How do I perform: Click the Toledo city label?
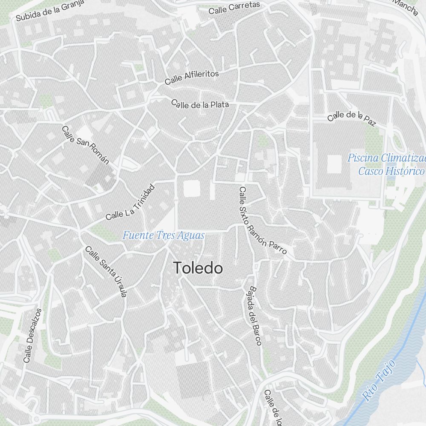tap(198, 268)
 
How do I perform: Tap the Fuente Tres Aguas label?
tap(164, 235)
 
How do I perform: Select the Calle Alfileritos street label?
tap(192, 77)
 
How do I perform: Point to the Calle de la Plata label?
tap(200, 104)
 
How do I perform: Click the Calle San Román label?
tap(85, 145)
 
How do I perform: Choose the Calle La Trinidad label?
tap(130, 203)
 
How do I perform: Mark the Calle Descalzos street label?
tap(33, 336)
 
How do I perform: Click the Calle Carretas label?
tap(234, 7)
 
